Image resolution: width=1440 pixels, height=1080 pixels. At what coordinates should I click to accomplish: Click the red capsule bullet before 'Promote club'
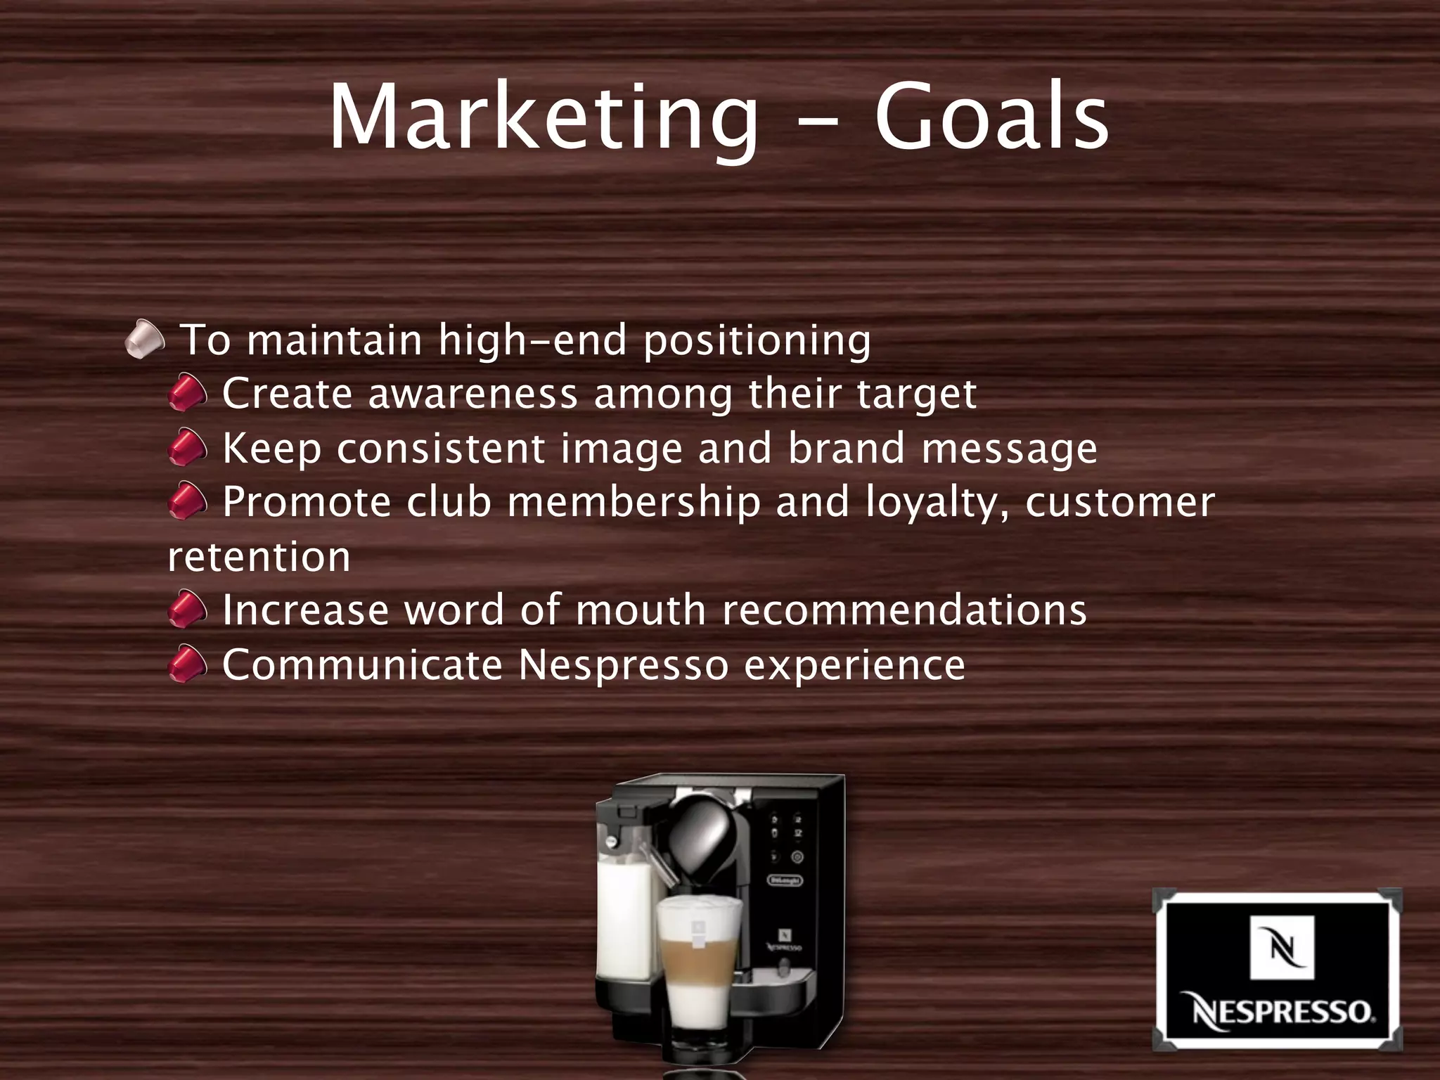[188, 501]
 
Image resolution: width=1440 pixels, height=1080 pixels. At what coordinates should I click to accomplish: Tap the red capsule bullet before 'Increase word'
[188, 609]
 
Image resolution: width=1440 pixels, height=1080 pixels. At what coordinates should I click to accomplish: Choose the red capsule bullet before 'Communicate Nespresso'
[188, 664]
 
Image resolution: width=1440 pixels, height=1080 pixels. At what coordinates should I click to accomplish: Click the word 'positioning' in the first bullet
[757, 342]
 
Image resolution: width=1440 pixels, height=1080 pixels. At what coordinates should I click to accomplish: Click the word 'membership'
[634, 502]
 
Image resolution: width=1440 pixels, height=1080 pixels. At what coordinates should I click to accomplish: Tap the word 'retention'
[259, 557]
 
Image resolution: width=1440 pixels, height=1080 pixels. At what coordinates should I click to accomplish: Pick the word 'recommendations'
[904, 610]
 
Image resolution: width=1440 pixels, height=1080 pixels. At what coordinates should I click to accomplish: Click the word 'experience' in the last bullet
[854, 666]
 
